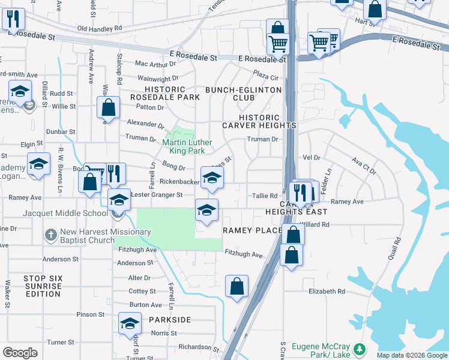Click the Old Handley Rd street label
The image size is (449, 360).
[99, 28]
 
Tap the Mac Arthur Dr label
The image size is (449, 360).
[156, 64]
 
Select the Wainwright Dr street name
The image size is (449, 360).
[158, 78]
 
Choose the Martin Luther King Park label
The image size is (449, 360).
[187, 146]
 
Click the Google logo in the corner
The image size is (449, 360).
[20, 353]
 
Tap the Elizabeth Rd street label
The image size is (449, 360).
[327, 292]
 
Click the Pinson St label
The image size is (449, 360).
[91, 314]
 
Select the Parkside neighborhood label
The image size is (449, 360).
[170, 320]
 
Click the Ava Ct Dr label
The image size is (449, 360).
[364, 166]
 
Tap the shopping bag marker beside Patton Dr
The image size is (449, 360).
[109, 108]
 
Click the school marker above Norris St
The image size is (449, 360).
[130, 323]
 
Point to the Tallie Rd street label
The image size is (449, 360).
[265, 196]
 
